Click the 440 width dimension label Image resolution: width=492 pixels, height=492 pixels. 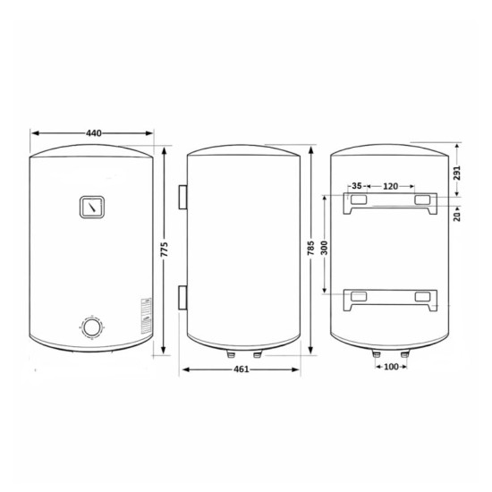(x=94, y=133)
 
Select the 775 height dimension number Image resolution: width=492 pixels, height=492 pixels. (x=165, y=250)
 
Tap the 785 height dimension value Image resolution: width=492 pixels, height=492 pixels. (x=310, y=248)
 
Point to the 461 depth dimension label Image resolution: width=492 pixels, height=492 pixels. (x=242, y=369)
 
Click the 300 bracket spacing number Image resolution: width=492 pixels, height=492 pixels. (x=325, y=248)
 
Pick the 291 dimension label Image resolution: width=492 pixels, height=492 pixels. (x=457, y=173)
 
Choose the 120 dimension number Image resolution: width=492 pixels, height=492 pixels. (x=390, y=186)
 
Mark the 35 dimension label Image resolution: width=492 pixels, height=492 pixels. (x=357, y=186)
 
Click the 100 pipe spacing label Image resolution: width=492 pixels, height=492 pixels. (x=391, y=367)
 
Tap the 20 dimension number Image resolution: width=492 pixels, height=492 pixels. (x=457, y=216)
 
